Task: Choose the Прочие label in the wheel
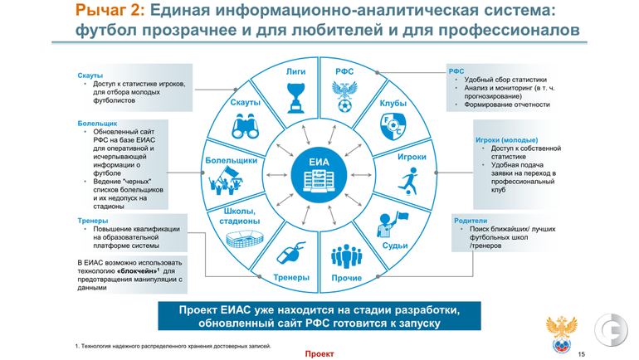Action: [x=346, y=277]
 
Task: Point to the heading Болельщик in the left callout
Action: [x=97, y=124]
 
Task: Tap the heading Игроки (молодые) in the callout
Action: [x=506, y=140]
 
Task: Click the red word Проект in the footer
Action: [x=319, y=353]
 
